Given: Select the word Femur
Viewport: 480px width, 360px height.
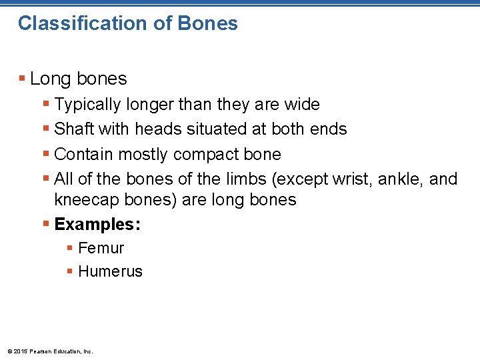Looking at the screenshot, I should click(x=101, y=249).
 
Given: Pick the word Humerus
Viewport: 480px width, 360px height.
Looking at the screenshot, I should click(x=110, y=271).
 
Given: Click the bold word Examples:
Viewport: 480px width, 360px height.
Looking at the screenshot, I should click(x=97, y=224).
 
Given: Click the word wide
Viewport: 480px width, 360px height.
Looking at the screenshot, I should click(x=302, y=105).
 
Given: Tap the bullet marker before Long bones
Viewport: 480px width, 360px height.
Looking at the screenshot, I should click(x=23, y=79).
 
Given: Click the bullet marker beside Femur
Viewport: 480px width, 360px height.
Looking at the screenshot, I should click(x=70, y=249).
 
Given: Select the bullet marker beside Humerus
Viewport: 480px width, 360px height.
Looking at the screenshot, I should click(x=70, y=271).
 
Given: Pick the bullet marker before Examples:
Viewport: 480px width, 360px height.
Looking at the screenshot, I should click(x=46, y=224).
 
